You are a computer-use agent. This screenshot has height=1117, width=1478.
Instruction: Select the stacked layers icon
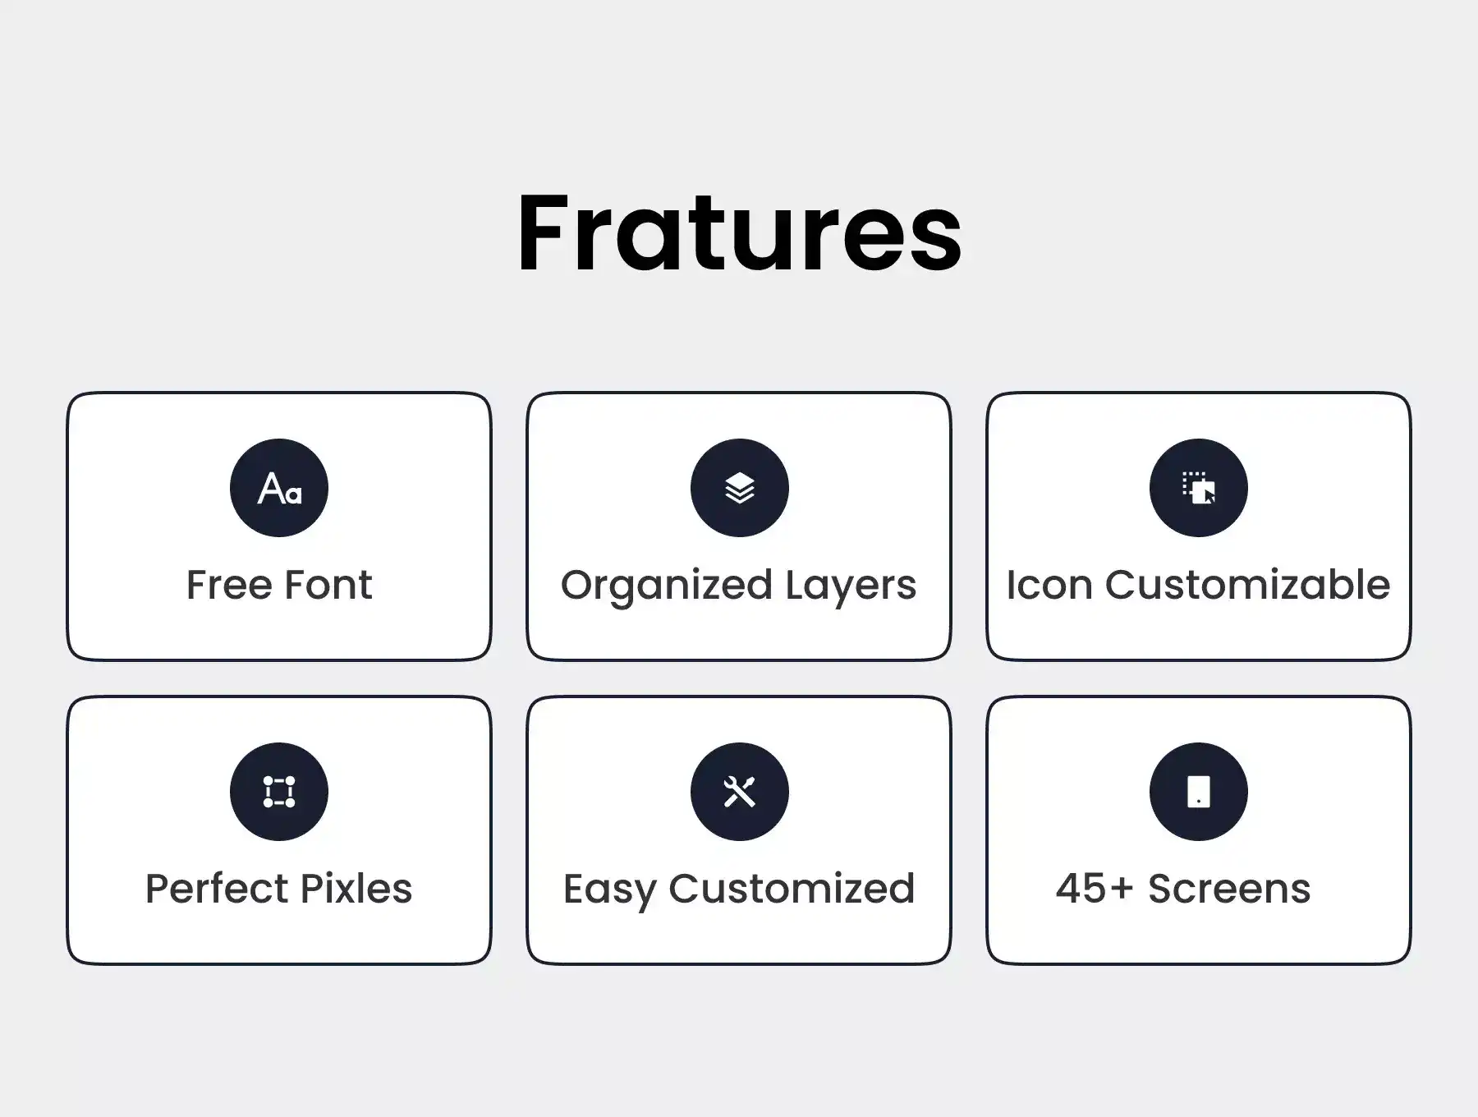coord(739,488)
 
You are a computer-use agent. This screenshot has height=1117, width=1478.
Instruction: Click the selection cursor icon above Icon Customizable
coord(1199,488)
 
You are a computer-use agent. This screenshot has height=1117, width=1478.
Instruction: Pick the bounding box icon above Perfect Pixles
coord(279,792)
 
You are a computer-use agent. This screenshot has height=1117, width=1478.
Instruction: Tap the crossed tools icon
coord(739,792)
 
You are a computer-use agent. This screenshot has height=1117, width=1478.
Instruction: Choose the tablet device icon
coord(1199,792)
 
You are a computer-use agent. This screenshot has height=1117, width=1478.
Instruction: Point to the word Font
coord(328,585)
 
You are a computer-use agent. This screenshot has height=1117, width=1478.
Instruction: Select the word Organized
coord(667,586)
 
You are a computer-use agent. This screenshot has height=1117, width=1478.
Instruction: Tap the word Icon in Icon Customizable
coord(1050,585)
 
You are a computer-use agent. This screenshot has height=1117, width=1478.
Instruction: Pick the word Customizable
coord(1247,585)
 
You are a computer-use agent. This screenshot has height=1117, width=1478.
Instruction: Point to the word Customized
coord(792,889)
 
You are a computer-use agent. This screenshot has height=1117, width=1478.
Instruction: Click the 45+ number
coord(1095,889)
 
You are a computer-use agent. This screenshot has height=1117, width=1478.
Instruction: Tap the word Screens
coord(1229,889)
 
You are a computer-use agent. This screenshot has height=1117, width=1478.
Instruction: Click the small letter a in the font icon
coord(294,495)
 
